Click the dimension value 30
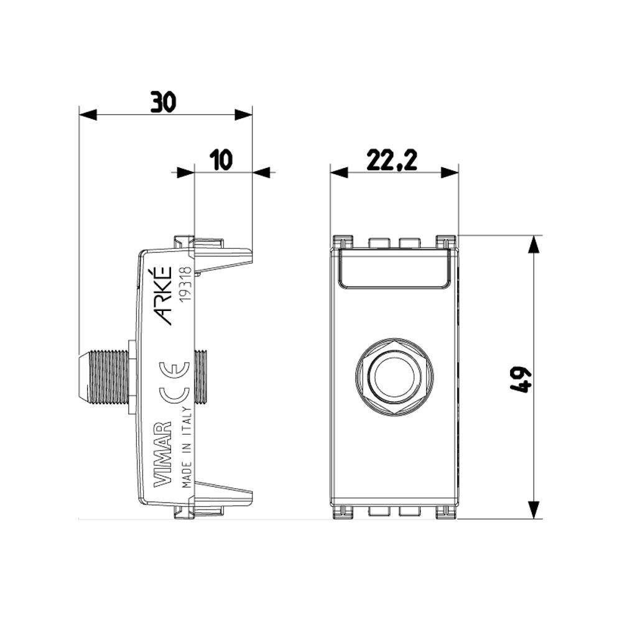tap(162, 102)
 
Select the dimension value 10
tap(221, 160)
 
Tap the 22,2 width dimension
tap(391, 160)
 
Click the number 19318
tap(185, 285)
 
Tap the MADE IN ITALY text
tap(187, 447)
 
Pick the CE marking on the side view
tap(174, 383)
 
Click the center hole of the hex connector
tap(394, 377)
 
